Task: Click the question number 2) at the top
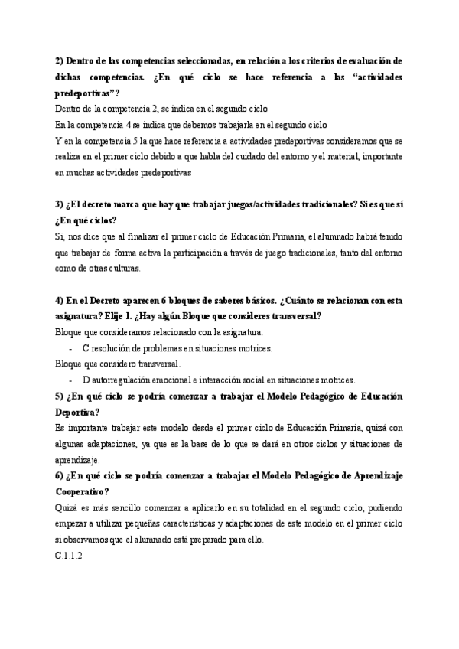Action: [x=60, y=60]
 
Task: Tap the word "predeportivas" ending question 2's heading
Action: [x=86, y=93]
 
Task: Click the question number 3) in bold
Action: [x=60, y=204]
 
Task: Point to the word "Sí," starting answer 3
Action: [x=61, y=236]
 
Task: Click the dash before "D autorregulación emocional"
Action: [x=70, y=380]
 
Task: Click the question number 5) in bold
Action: [x=60, y=396]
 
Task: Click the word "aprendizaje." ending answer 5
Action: [x=78, y=460]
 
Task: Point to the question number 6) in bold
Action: [x=60, y=476]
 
